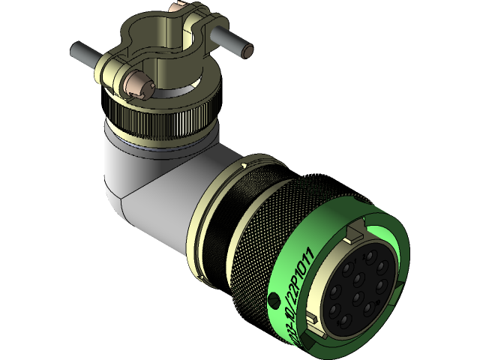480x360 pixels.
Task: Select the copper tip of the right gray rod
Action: [247, 52]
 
